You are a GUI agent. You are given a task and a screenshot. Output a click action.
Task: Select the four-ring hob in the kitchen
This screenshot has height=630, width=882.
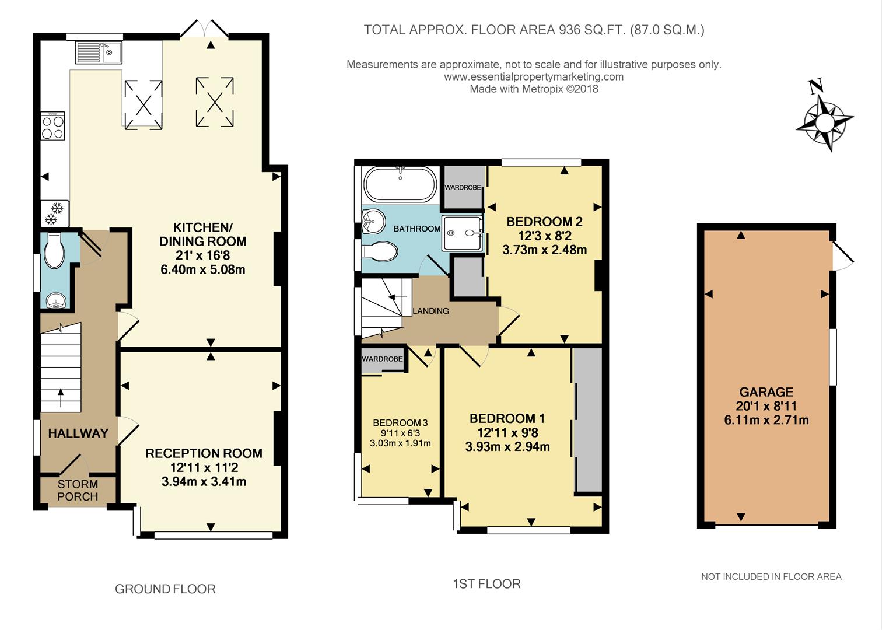(x=53, y=127)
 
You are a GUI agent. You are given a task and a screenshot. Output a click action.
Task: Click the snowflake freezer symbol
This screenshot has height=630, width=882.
(x=54, y=214)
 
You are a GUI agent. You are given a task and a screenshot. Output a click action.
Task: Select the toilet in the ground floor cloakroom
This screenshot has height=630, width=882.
(x=55, y=250)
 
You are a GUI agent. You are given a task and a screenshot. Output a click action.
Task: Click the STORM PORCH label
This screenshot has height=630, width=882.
(x=78, y=491)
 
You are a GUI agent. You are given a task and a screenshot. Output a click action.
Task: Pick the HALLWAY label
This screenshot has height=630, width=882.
(x=78, y=433)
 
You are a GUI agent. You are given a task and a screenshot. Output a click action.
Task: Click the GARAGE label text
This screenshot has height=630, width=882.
(x=766, y=392)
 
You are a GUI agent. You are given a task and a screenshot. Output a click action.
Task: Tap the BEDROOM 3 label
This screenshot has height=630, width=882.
(x=400, y=423)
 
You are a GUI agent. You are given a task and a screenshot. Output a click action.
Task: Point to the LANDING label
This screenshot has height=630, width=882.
(x=430, y=311)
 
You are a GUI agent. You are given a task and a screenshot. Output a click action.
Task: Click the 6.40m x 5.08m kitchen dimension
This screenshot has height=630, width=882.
(x=202, y=269)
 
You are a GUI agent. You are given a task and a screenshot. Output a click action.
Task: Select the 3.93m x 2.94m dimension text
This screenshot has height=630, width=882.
(x=507, y=447)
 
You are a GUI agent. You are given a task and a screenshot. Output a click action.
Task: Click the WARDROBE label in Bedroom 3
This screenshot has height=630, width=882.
(x=382, y=359)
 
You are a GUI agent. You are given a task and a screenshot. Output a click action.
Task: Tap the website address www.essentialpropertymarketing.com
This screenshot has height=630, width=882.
(x=534, y=76)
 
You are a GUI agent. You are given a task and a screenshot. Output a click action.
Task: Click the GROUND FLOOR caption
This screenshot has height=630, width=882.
(x=165, y=589)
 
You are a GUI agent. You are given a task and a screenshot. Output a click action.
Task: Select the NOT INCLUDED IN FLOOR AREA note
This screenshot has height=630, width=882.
(x=771, y=577)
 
